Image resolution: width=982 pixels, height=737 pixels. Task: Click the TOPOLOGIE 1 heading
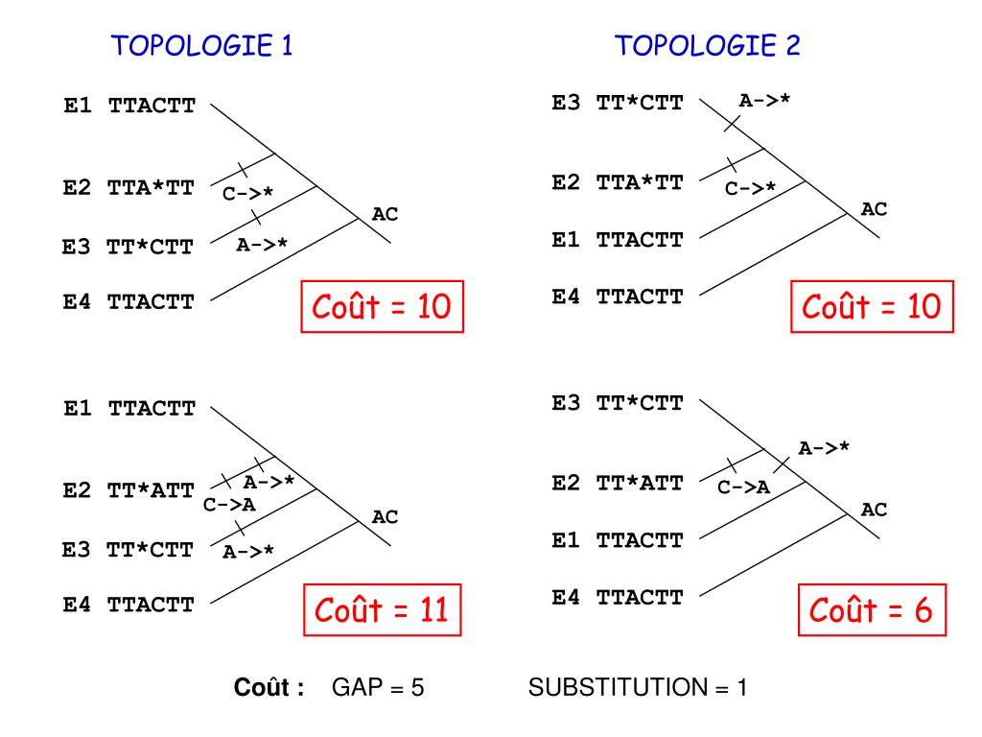pyautogui.click(x=202, y=46)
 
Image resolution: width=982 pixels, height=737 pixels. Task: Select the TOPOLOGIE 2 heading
pyautogui.click(x=708, y=46)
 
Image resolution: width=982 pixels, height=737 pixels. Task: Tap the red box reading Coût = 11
pyautogui.click(x=381, y=609)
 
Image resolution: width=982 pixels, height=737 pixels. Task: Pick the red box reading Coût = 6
pyautogui.click(x=871, y=609)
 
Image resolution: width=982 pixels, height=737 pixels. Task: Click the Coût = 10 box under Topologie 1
pyautogui.click(x=382, y=307)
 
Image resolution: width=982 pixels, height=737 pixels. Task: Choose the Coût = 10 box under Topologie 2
pyautogui.click(x=871, y=307)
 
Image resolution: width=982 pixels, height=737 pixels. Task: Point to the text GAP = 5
pyautogui.click(x=378, y=688)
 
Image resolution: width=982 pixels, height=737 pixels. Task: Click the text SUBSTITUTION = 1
pyautogui.click(x=637, y=688)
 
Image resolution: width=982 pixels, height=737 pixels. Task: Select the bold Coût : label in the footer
pyautogui.click(x=269, y=688)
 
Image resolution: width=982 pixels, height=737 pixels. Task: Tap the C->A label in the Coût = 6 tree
pyautogui.click(x=744, y=487)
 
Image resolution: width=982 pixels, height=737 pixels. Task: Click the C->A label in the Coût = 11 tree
pyautogui.click(x=229, y=505)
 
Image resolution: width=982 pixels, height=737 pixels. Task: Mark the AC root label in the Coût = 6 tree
pyautogui.click(x=874, y=511)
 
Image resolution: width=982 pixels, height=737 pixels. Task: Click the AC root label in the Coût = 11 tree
pyautogui.click(x=385, y=517)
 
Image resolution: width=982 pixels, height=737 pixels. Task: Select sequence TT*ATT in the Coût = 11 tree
pyautogui.click(x=152, y=490)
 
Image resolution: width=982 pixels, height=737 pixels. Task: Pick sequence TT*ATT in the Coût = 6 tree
pyautogui.click(x=640, y=483)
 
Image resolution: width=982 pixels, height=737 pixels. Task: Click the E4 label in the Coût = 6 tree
pyautogui.click(x=565, y=598)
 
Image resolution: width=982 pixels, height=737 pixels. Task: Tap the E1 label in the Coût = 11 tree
pyautogui.click(x=77, y=409)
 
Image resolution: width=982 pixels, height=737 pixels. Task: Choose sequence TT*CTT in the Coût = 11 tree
pyautogui.click(x=151, y=551)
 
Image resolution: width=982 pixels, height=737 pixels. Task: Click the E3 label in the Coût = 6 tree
pyautogui.click(x=565, y=402)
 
